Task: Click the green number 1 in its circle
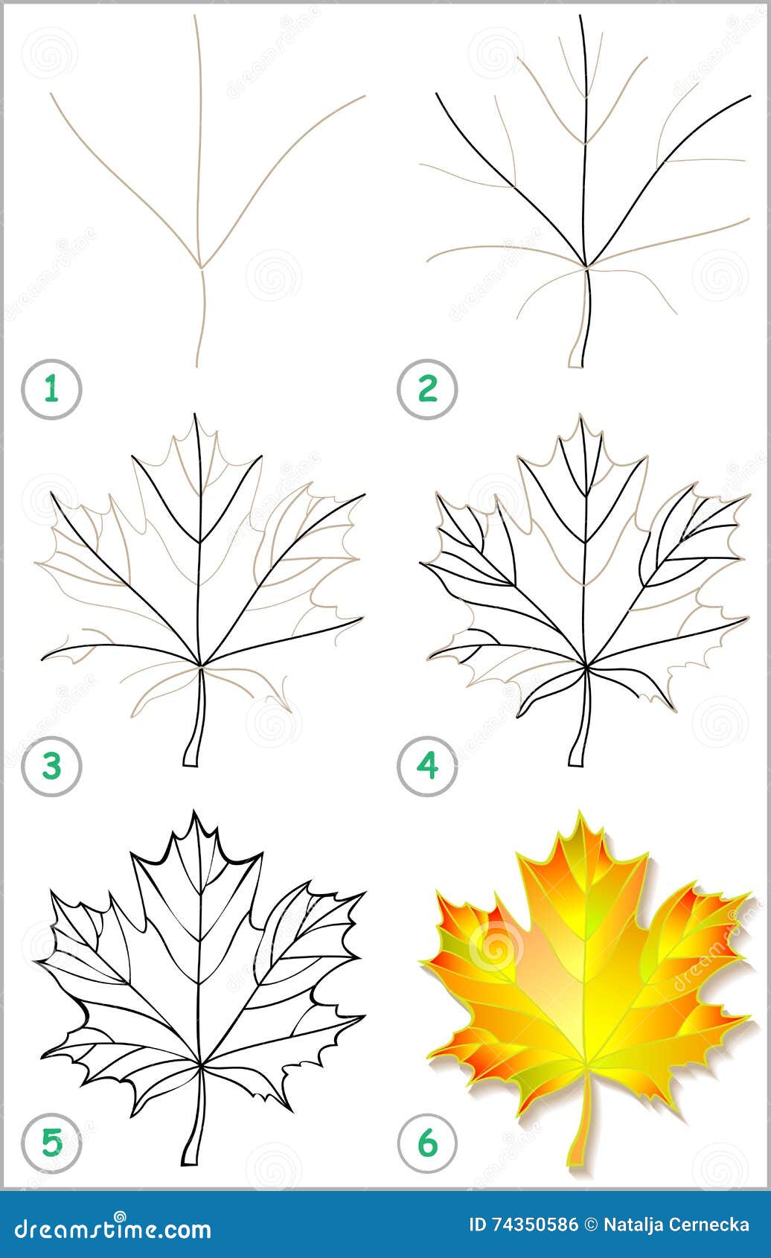pos(51,389)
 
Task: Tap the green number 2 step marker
pos(427,389)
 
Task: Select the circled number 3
pos(51,766)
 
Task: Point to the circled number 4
pos(427,766)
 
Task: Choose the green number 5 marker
pos(51,1143)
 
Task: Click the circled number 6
pos(427,1143)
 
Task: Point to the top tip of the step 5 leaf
pos(195,811)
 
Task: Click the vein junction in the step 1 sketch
pos(200,266)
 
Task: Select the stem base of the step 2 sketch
pos(576,366)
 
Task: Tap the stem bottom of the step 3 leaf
pos(191,764)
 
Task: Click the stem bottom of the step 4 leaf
pos(576,764)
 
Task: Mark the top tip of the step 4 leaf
pos(580,416)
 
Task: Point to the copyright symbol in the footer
pos(591,1225)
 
